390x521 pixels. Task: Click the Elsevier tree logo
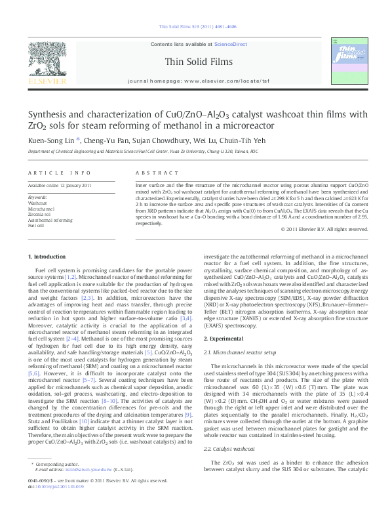(x=47, y=60)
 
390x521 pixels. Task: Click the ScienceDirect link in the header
(x=231, y=43)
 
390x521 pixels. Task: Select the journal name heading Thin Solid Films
(x=195, y=61)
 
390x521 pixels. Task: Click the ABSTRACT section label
(x=151, y=173)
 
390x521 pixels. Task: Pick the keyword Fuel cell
(x=37, y=225)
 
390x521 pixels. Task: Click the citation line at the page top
(x=195, y=28)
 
